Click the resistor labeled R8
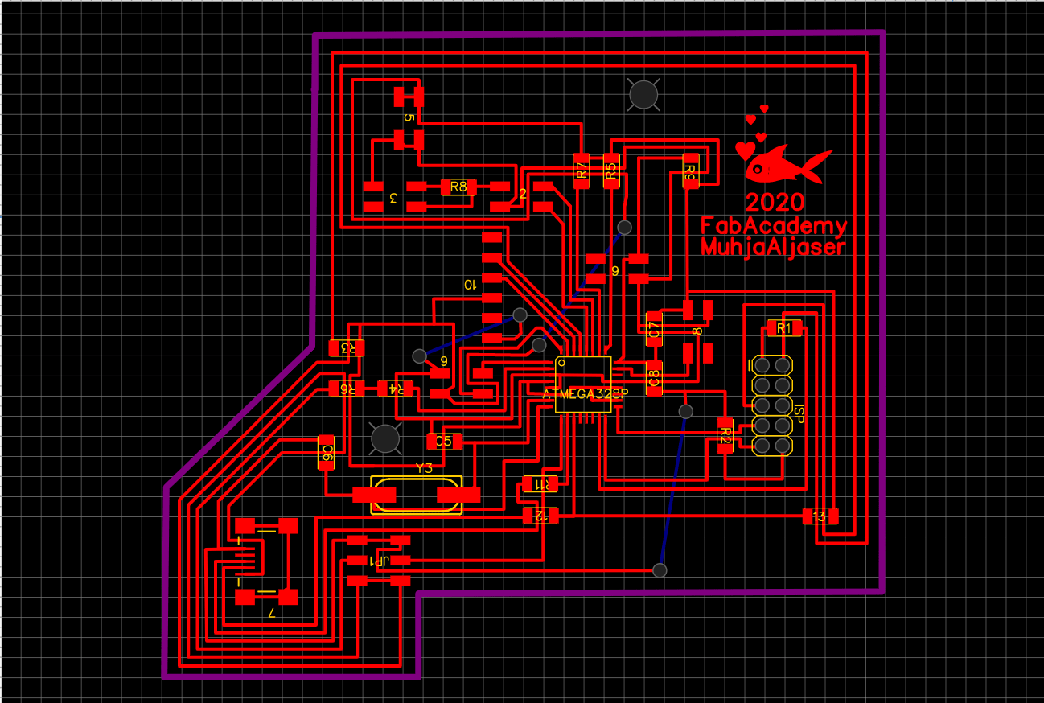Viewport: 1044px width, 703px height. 458,187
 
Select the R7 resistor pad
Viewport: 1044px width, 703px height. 581,171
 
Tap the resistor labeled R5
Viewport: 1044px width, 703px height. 611,171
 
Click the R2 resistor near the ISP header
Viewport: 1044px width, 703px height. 725,435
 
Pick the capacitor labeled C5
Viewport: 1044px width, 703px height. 443,441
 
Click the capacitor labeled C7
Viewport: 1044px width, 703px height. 655,329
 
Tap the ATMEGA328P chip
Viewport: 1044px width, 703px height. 583,384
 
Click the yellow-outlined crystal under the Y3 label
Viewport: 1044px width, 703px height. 417,495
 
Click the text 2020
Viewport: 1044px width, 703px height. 775,201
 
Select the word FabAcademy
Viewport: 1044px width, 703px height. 773,225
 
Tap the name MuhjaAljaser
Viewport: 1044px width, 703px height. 773,246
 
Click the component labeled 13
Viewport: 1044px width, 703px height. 820,516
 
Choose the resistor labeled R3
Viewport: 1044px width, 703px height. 347,348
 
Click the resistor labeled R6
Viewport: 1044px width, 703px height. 347,388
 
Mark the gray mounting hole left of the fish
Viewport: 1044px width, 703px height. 643,95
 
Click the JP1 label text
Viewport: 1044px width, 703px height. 378,561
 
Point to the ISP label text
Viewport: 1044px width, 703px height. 799,414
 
